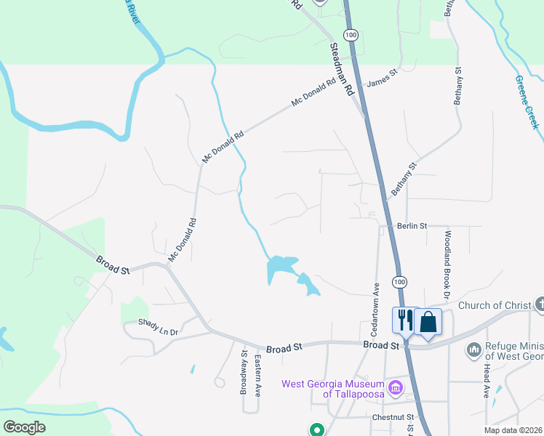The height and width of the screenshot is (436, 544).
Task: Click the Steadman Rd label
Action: click(x=341, y=69)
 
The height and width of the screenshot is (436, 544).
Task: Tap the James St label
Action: click(x=383, y=77)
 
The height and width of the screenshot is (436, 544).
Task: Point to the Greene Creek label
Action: click(x=527, y=102)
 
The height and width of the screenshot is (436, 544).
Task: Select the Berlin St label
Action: click(x=412, y=226)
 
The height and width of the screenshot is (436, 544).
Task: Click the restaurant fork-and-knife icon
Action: click(x=404, y=320)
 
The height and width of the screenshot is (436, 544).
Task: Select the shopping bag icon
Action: click(x=428, y=320)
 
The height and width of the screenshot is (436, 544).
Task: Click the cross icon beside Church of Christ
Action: click(x=539, y=304)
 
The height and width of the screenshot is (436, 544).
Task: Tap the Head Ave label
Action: click(x=486, y=381)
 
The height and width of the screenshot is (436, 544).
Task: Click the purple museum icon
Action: click(x=396, y=385)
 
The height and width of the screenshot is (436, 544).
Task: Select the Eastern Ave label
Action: click(x=257, y=375)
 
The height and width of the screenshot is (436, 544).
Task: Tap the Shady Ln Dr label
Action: click(x=159, y=327)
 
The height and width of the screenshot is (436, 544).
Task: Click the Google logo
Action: click(x=23, y=427)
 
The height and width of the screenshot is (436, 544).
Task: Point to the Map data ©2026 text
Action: click(x=513, y=430)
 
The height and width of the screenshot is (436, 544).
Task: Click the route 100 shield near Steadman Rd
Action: click(x=351, y=36)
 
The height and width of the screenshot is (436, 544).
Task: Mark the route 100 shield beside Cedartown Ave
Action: click(x=398, y=280)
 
